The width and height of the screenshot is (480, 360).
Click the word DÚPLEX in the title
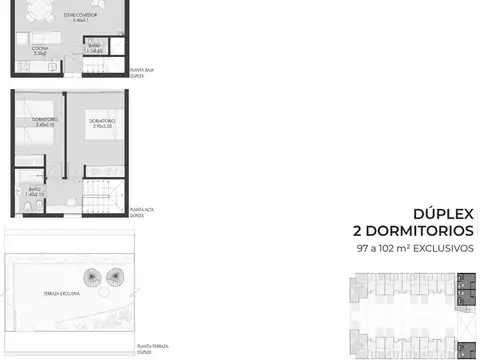click(438, 213)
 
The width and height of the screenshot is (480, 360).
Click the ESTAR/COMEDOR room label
click(49, 16)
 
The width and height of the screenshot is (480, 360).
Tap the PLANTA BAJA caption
click(144, 71)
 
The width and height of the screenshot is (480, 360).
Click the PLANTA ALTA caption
click(143, 211)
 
